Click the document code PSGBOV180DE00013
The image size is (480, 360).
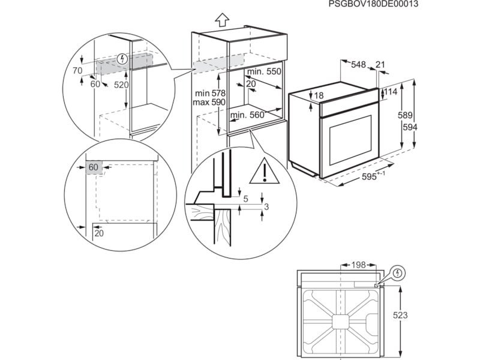[x=373, y=4]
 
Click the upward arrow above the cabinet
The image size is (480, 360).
[x=221, y=19]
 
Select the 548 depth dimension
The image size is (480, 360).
[x=359, y=64]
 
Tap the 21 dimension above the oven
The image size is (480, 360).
[x=380, y=64]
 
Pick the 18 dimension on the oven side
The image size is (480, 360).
[x=318, y=96]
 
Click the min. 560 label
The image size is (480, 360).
[x=247, y=115]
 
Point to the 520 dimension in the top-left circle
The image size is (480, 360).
[x=121, y=85]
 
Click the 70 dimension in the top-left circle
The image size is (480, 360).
[x=77, y=71]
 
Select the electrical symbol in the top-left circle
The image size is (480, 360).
[x=123, y=59]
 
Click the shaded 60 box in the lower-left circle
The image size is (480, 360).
[x=93, y=167]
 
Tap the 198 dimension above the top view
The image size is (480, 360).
[x=359, y=265]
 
